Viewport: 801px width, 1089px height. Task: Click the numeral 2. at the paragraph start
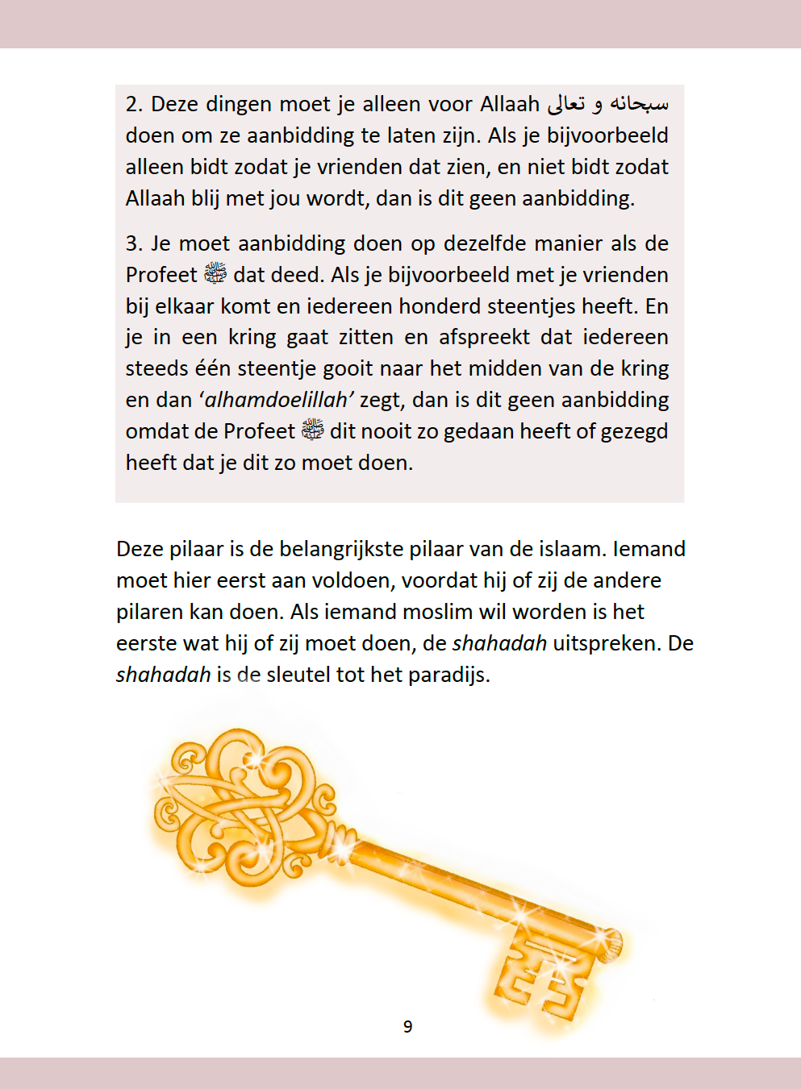(x=134, y=105)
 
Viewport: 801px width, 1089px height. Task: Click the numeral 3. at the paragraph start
(x=134, y=244)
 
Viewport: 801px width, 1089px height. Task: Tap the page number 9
(x=407, y=1027)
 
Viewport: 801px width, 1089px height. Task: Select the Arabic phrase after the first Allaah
(x=607, y=104)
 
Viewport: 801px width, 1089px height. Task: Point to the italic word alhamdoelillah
(x=277, y=401)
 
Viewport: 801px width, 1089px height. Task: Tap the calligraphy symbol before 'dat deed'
(x=215, y=274)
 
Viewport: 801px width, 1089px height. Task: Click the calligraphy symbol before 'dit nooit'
(x=312, y=430)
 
